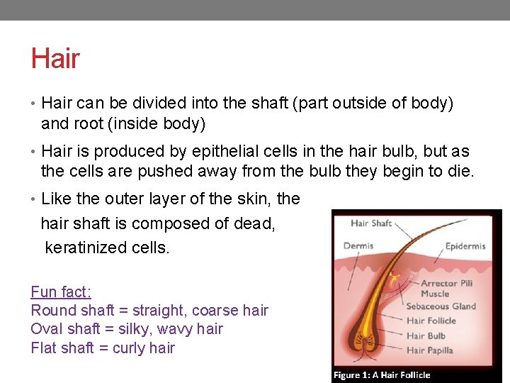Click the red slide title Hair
point(55,59)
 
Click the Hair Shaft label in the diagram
point(371,223)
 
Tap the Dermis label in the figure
point(358,246)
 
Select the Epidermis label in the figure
point(465,246)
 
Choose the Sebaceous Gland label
point(441,306)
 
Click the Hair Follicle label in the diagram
point(431,321)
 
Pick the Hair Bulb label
point(426,335)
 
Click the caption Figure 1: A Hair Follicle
point(382,374)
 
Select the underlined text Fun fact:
point(61,292)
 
